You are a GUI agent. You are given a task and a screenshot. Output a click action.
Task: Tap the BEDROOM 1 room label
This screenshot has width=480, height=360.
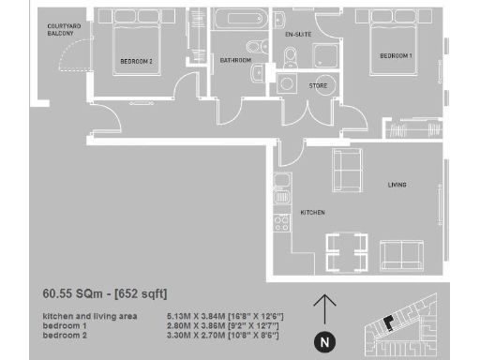pos(395,56)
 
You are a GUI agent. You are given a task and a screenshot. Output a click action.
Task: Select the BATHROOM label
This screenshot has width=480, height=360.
pos(234,61)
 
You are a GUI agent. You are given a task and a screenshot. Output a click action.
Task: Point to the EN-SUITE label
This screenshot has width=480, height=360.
pos(298,34)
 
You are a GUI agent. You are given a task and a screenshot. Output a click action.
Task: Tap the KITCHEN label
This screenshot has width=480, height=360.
pos(312,213)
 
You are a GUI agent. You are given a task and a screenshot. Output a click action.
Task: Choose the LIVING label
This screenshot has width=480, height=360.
pos(397,185)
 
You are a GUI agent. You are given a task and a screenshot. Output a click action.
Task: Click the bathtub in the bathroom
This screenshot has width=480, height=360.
pos(238,22)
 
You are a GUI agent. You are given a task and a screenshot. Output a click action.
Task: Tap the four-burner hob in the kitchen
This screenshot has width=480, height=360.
pos(279,224)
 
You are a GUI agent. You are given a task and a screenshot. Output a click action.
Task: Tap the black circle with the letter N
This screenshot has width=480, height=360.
pos(324,342)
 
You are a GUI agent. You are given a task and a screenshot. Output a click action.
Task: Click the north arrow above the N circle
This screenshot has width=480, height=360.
pos(324,308)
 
